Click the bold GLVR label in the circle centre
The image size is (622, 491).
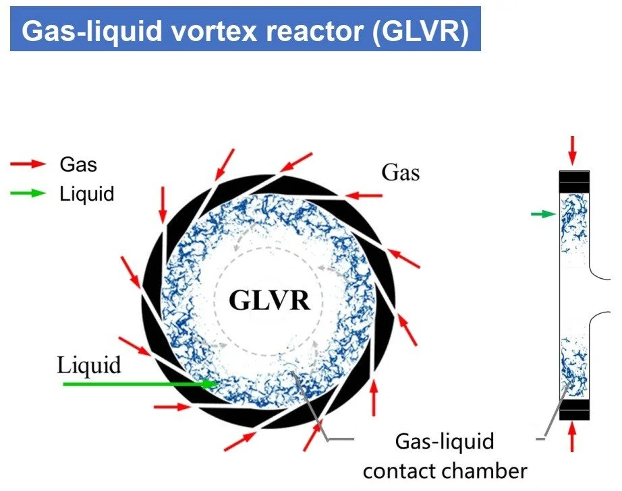point(269,300)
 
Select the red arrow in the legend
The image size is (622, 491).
point(28,164)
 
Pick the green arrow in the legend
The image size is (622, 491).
point(28,194)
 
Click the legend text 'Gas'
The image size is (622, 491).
point(78,164)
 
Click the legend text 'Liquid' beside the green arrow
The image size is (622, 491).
point(87,195)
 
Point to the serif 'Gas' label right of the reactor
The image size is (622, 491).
point(401,172)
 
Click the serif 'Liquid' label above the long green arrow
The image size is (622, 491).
point(89,366)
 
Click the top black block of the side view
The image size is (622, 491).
point(574,181)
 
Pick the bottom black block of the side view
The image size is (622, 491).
point(574,407)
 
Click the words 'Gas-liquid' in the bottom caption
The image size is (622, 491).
point(444,443)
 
